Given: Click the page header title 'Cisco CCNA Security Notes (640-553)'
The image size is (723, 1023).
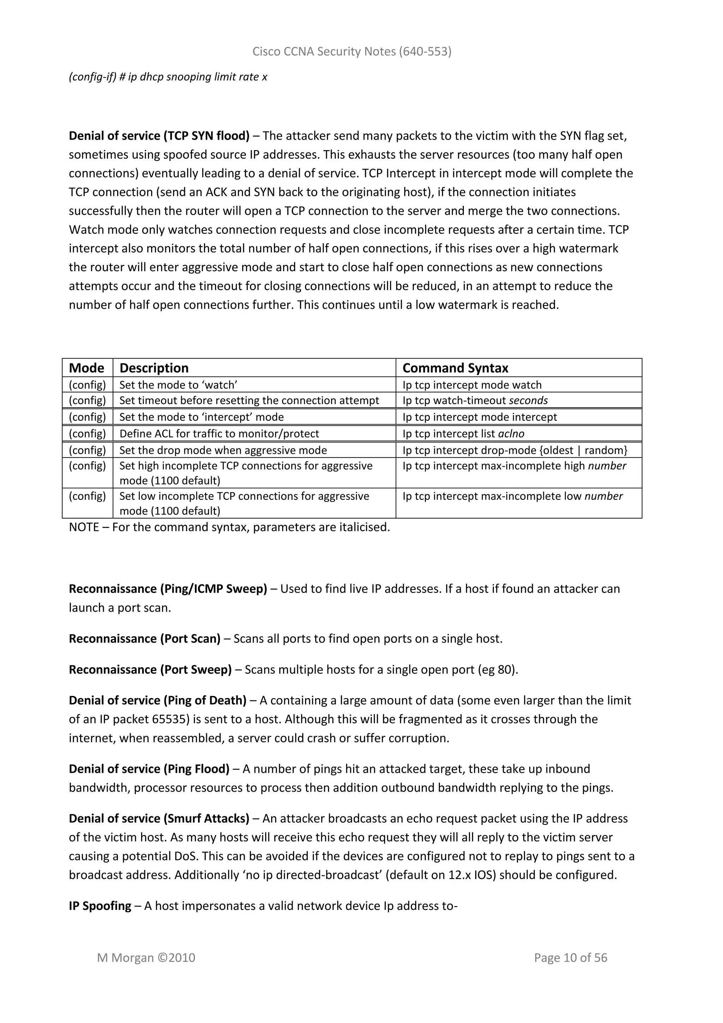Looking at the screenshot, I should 352,52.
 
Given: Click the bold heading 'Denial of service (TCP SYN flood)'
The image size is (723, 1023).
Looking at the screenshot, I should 159,136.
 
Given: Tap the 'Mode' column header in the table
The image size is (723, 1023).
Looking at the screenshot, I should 86,368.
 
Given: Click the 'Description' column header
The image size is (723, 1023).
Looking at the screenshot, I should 154,368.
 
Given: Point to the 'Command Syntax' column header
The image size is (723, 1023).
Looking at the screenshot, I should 455,368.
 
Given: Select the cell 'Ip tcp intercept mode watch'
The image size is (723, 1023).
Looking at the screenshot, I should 472,385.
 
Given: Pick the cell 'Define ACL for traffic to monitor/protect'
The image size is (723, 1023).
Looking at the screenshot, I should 219,433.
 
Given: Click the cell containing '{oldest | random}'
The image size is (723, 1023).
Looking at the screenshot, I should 583,450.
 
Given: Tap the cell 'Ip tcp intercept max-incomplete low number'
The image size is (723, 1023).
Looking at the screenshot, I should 512,496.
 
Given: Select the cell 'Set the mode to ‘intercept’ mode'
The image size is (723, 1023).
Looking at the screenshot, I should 201,417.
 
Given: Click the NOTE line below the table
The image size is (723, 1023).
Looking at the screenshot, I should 229,527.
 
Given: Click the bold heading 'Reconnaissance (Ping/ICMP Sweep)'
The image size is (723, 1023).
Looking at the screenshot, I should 168,589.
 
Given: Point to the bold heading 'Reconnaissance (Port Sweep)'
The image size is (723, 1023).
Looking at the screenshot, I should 150,670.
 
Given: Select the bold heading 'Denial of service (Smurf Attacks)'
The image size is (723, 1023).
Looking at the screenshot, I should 159,818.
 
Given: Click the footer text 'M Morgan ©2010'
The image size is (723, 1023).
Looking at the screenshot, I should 146,958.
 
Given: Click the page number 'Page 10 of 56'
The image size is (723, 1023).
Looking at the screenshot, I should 570,958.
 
